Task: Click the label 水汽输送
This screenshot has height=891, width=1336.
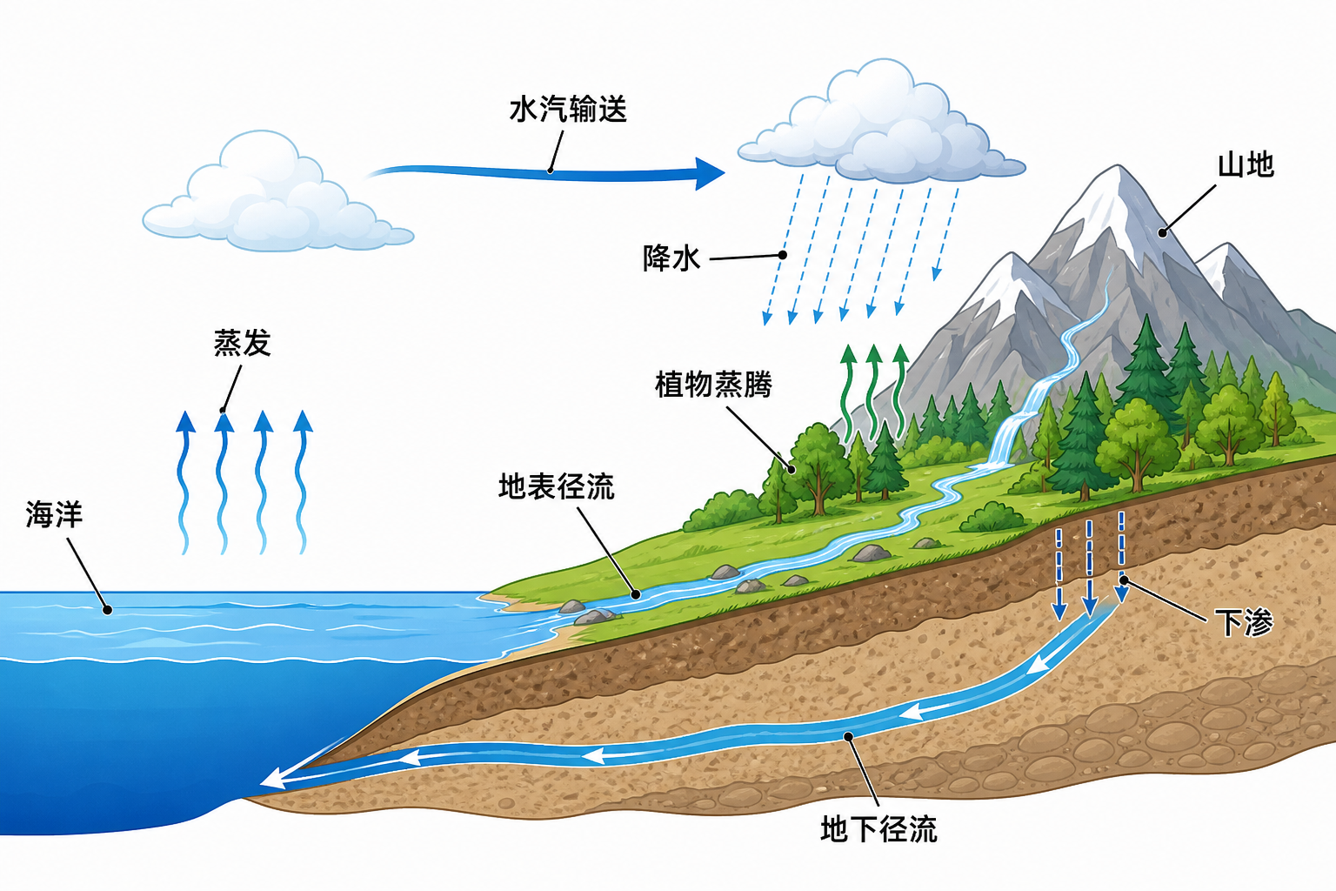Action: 568,110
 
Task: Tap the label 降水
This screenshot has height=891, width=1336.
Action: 671,258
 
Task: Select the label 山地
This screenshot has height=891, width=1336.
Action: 1246,164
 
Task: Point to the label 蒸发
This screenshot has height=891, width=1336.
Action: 243,343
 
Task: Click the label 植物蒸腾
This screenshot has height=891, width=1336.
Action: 713,384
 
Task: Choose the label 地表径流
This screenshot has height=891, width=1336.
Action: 557,486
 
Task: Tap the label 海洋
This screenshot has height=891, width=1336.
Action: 54,514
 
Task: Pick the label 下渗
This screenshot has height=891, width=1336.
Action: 1244,622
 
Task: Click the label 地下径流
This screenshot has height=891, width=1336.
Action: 878,828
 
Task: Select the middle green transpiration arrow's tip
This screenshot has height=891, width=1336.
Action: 874,346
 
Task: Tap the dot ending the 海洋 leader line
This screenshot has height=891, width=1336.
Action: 107,610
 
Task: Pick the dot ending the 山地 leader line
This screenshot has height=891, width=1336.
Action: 1162,233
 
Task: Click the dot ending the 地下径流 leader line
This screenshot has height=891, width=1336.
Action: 847,736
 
